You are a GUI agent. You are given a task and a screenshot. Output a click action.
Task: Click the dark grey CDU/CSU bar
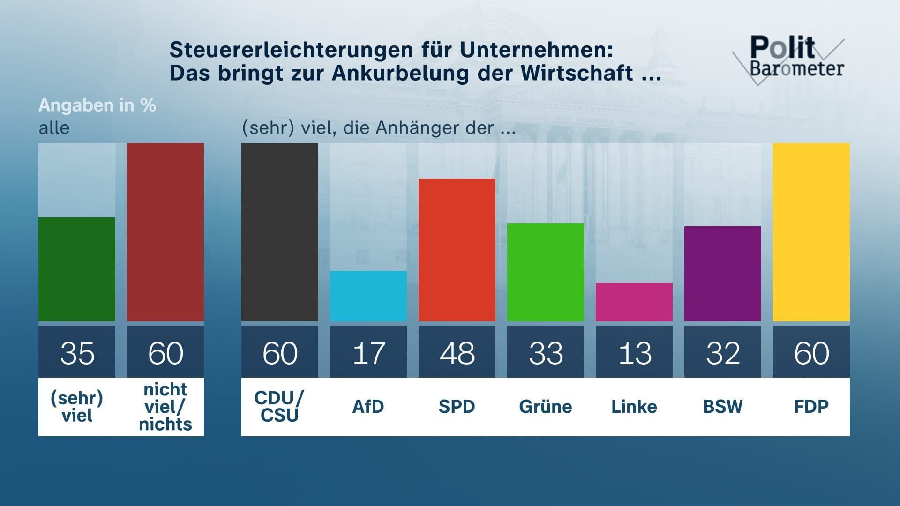pos(279,232)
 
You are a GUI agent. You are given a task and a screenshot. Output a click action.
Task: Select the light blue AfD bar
pos(368,296)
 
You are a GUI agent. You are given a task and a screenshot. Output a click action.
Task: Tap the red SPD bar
pos(457,250)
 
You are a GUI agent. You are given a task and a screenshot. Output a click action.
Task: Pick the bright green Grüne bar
pos(545,272)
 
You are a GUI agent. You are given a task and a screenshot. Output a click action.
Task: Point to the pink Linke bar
pos(634,302)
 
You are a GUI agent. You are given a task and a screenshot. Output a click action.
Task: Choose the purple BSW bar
pos(722,274)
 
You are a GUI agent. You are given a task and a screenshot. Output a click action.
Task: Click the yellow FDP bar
pos(811,232)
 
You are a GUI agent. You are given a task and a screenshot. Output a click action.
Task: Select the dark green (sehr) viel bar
pos(76,269)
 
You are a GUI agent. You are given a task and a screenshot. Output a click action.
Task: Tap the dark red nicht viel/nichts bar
pos(165,232)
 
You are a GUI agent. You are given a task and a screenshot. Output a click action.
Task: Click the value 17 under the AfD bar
pos(368,353)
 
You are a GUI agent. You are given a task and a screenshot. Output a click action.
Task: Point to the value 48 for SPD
pos(457,353)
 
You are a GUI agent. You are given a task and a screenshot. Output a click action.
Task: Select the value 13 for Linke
pos(634,353)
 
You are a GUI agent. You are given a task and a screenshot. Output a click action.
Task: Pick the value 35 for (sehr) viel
pos(76,353)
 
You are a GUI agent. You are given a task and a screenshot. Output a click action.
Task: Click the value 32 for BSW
pos(722,353)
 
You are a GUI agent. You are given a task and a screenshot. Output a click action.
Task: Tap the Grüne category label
pos(545,406)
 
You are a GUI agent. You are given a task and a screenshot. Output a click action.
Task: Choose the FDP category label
pos(811,406)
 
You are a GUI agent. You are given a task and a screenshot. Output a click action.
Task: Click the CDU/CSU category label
pos(279,406)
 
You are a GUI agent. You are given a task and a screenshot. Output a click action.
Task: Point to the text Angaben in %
pos(97,105)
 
